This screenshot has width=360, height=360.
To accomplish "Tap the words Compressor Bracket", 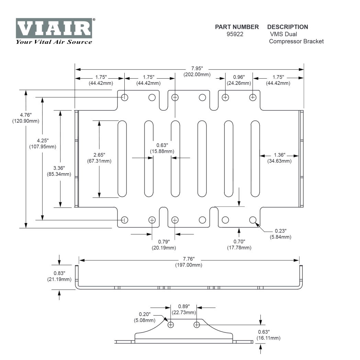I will tap(296, 41).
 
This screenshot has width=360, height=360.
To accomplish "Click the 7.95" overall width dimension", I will tap(197, 69).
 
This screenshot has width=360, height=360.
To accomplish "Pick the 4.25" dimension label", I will tap(43, 141).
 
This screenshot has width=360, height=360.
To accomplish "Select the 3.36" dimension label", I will tap(59, 168).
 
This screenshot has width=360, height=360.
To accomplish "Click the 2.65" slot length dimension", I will tap(99, 155).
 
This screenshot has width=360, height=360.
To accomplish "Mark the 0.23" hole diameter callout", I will tap(280, 230).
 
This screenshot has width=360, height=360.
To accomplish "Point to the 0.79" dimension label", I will tap(163, 242).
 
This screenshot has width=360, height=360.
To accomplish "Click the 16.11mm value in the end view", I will tap(268, 338).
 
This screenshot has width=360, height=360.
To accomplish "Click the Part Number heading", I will tap(237, 27).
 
